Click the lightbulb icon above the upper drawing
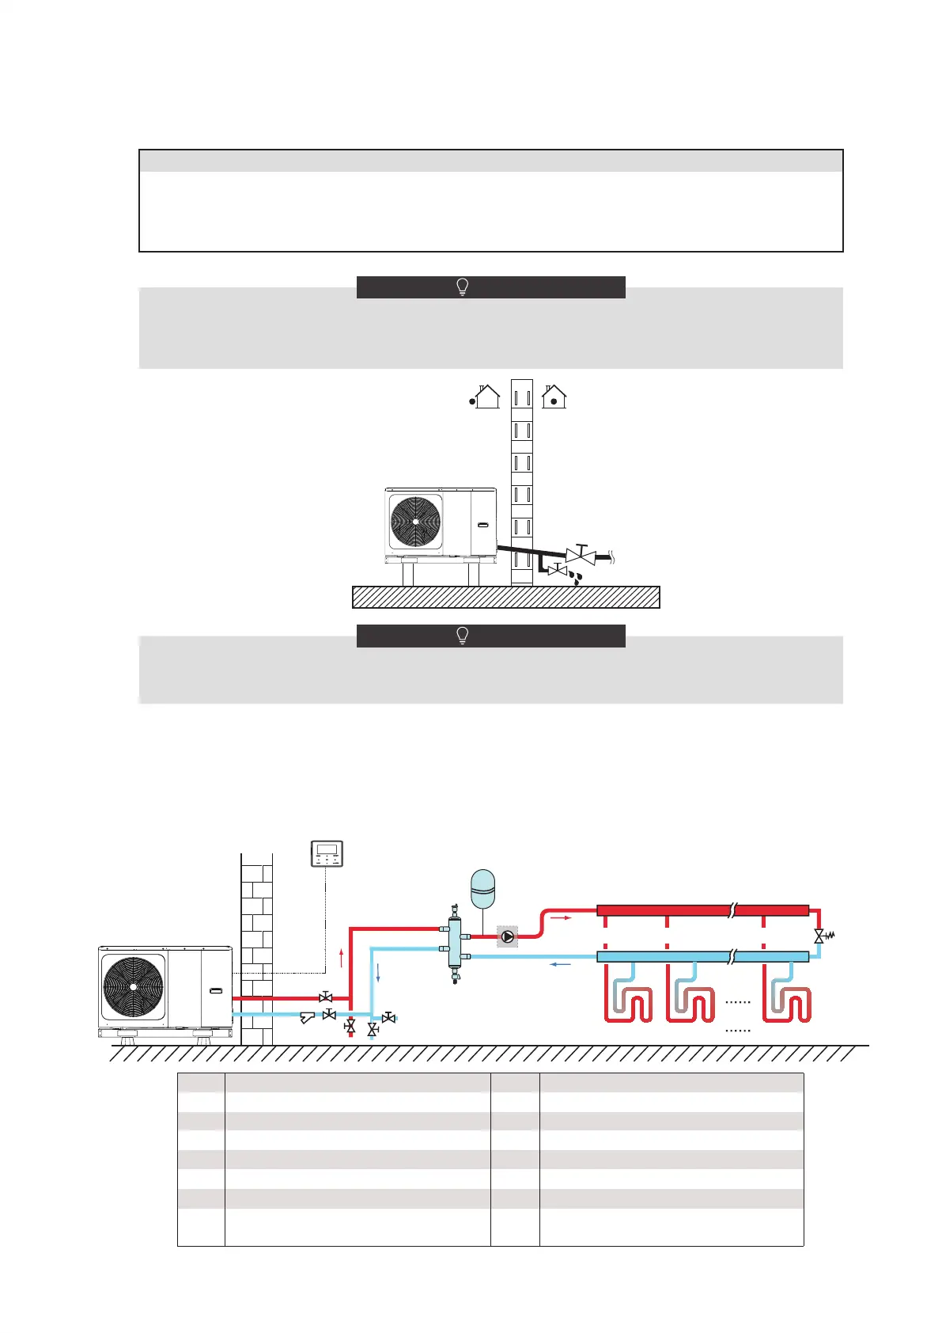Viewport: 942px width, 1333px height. coord(463,287)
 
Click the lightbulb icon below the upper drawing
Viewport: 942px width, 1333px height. coord(463,636)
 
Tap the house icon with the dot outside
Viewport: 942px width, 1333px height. coord(484,396)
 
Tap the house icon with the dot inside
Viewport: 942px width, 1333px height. coord(554,396)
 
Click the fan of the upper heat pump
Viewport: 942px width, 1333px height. coord(415,522)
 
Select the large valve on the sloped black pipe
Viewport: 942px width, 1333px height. coord(581,555)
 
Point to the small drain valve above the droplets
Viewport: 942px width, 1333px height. coord(558,569)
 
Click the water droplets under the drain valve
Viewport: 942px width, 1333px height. coord(577,579)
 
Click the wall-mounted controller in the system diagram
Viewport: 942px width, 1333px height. coord(327,854)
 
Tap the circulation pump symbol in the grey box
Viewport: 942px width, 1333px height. coord(508,937)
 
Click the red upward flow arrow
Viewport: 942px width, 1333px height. coord(341,958)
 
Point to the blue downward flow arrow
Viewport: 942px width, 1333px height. coord(378,973)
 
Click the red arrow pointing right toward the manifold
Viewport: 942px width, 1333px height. coord(559,918)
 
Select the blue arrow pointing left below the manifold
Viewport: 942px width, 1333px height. coord(561,964)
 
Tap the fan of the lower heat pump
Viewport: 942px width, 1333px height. coord(134,987)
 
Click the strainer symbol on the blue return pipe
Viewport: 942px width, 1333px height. coord(308,1018)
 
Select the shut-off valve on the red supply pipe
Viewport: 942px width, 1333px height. coord(325,997)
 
